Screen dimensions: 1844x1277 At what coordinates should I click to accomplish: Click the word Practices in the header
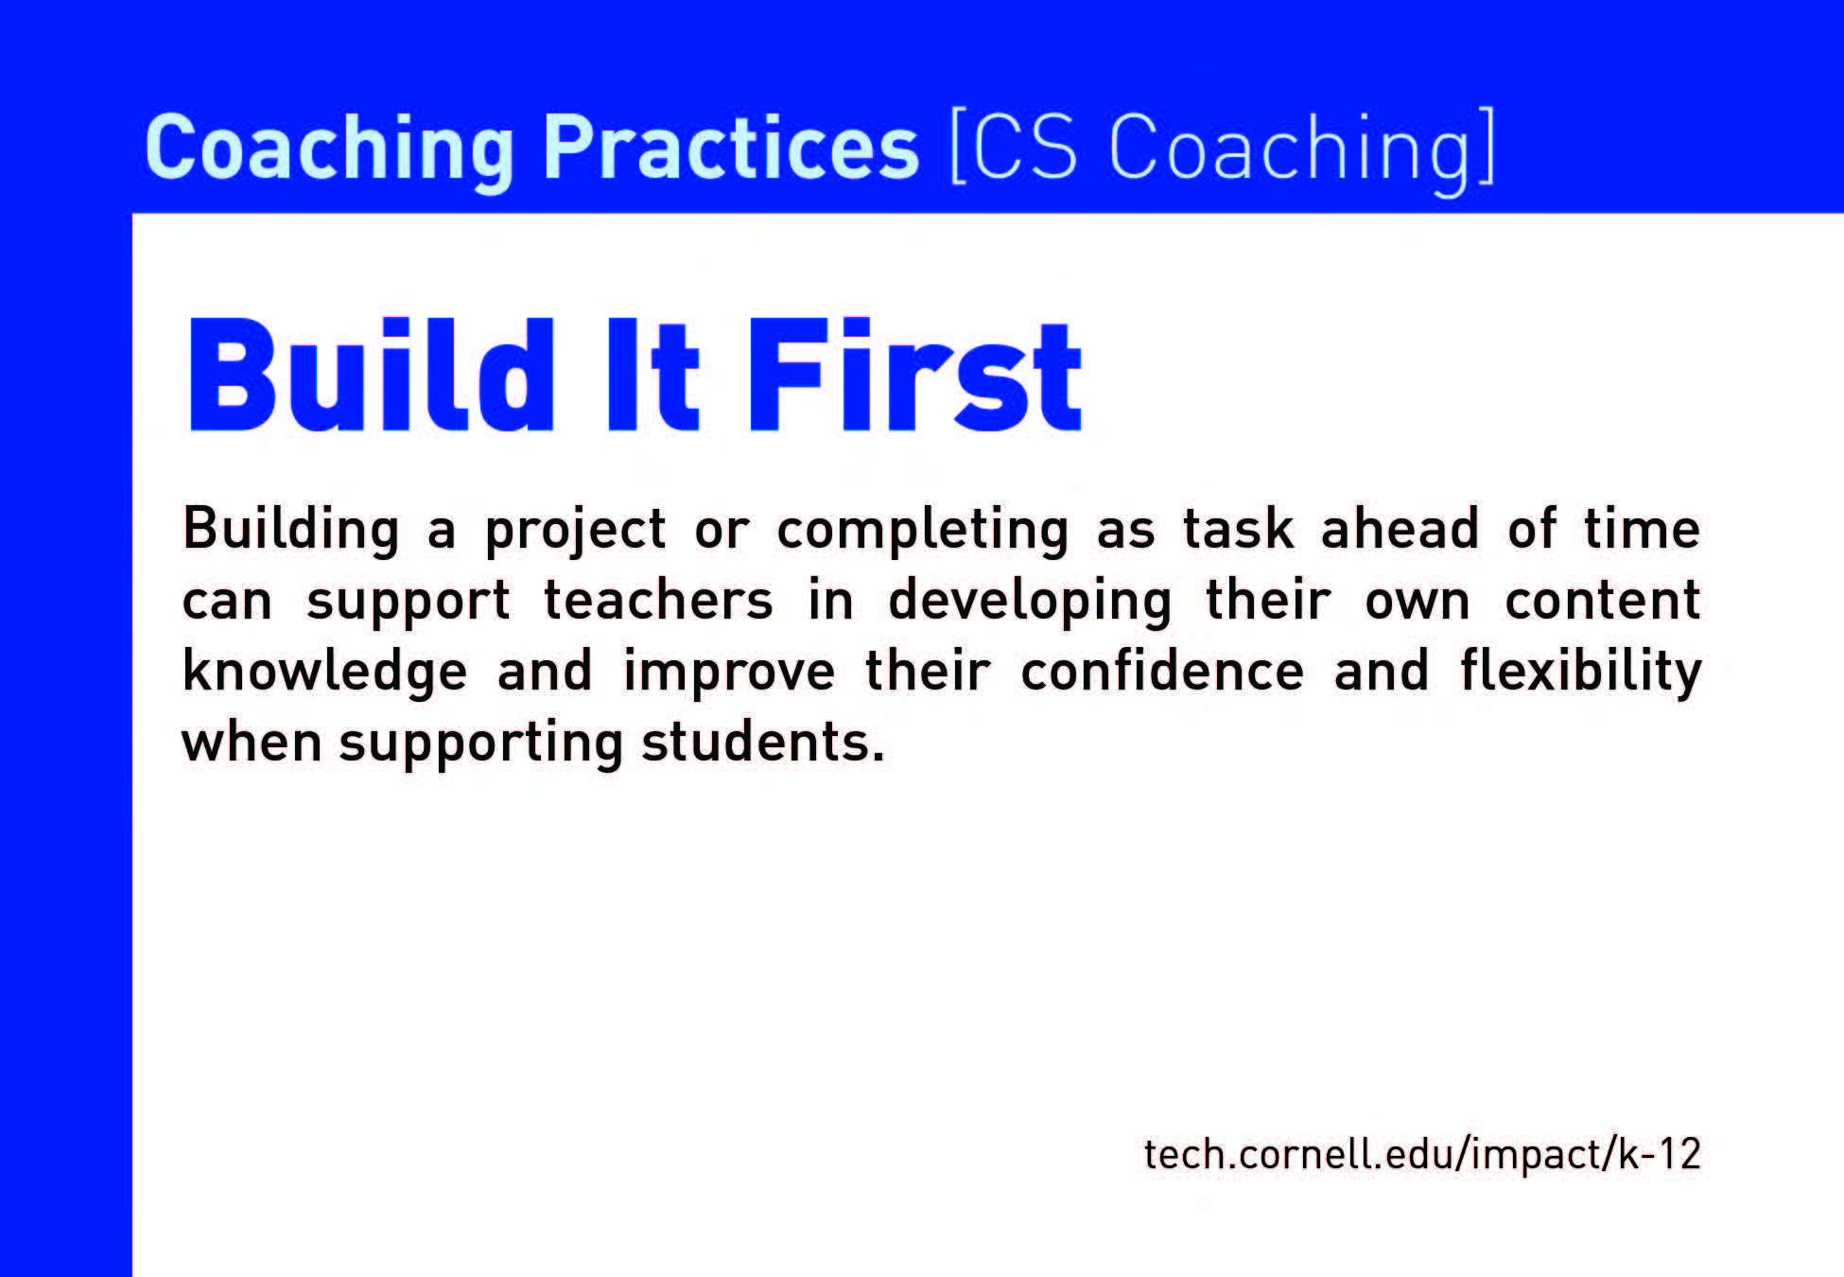pos(730,148)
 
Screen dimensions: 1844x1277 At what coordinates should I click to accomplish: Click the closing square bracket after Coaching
pos(1487,148)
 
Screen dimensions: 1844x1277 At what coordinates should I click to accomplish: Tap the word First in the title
pos(914,375)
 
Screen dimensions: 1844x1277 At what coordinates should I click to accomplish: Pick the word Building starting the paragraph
pos(290,530)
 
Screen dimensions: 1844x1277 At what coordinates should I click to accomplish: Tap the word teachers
pos(658,601)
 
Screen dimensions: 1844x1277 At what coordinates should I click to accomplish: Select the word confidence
pos(1162,671)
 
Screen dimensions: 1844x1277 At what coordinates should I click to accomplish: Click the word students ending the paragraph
pos(762,743)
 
